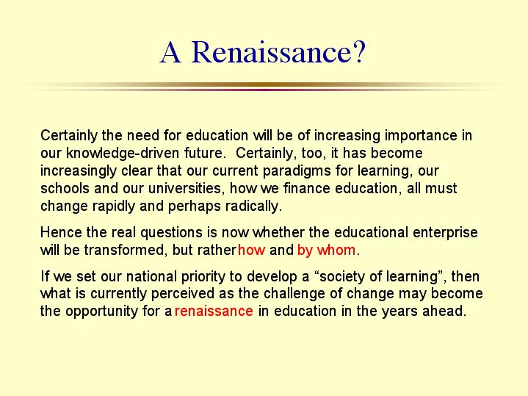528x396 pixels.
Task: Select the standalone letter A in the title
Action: (x=170, y=52)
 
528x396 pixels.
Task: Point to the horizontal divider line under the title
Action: (x=264, y=87)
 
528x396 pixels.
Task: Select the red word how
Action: (x=252, y=250)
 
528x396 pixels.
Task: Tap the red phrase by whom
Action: (x=326, y=250)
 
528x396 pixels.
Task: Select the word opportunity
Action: (x=101, y=311)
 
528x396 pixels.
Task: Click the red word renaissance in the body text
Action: (x=214, y=311)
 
